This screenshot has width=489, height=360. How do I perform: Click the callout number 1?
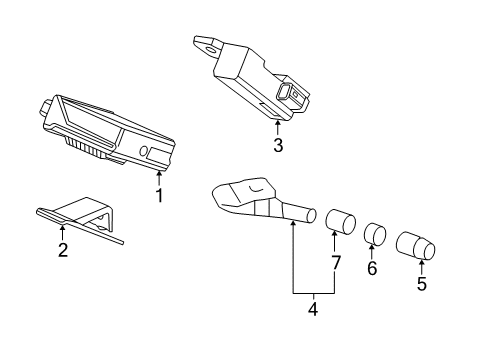pos(159,195)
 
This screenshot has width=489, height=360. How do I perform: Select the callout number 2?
pos(63,250)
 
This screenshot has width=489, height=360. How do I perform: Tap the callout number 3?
pos(278,145)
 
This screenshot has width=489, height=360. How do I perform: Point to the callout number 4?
pos(313,309)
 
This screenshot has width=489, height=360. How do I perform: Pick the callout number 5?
pos(422,284)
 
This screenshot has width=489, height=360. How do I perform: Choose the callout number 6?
pos(372,268)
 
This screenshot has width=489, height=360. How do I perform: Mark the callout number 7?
pos(335,263)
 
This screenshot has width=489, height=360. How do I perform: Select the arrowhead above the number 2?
pos(62,228)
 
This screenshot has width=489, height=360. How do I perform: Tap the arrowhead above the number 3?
pos(277,124)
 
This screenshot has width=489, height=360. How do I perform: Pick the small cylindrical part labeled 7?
pos(340,221)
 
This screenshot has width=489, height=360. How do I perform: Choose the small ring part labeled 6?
pos(375,234)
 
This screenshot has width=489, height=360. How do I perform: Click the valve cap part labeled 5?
pos(416,246)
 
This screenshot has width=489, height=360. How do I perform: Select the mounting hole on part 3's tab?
pos(211,50)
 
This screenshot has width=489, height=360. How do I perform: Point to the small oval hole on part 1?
pos(144,151)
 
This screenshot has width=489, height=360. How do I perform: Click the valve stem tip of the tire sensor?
pos(311,216)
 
